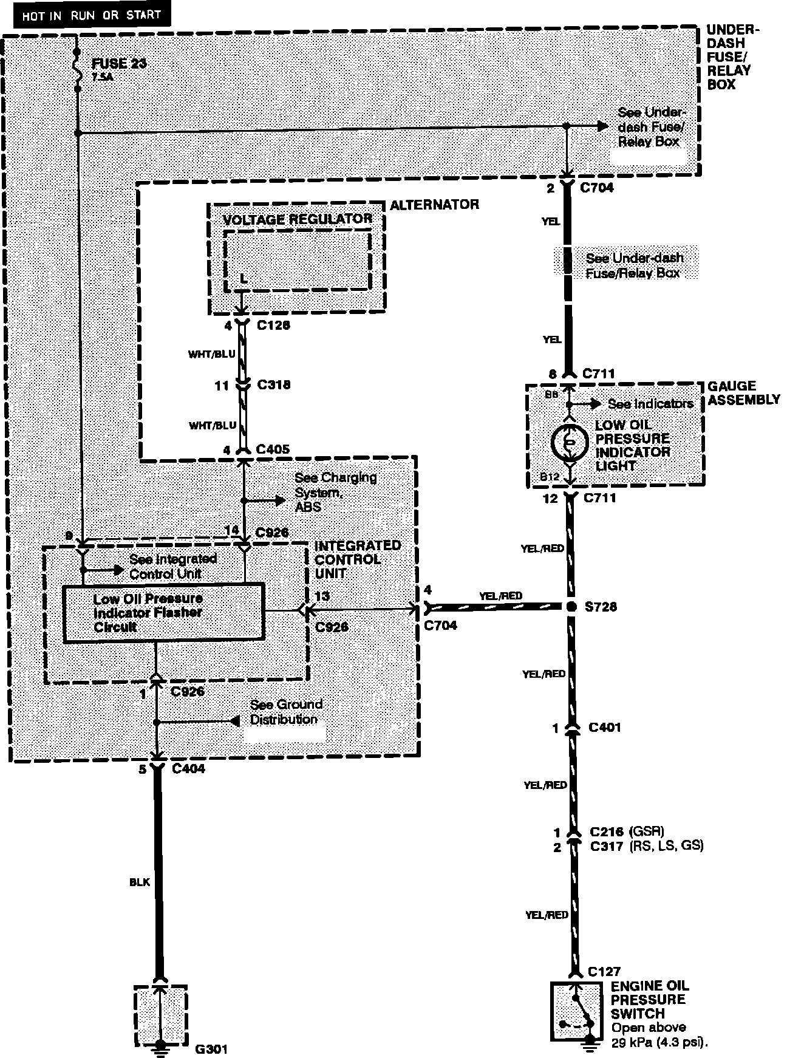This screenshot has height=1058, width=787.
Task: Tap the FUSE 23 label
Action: pos(119,64)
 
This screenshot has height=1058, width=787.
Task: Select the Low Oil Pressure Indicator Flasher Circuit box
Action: pos(164,612)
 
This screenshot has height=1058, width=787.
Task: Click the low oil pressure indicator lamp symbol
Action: pos(570,443)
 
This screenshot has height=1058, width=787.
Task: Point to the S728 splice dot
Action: pos(570,607)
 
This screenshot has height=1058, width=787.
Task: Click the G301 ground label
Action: pos(212,1049)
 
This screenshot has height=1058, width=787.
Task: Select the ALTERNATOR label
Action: pos(434,205)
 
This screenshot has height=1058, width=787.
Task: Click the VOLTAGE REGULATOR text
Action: pos(298,219)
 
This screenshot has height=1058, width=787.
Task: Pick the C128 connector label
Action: pos(273,326)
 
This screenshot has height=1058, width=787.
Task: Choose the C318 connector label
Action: pos(273,384)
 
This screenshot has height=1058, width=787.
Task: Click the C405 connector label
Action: pos(273,449)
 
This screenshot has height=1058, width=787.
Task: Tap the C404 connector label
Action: pos(188,769)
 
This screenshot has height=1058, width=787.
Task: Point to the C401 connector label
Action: pos(605,727)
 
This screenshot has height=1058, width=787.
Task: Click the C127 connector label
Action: pos(605,972)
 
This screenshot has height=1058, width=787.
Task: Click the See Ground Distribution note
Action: pos(286,712)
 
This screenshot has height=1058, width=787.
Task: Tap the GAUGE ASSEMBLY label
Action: pos(743,393)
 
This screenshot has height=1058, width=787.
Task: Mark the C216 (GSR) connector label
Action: pos(627,831)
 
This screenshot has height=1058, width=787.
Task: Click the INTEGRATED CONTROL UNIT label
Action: pos(357,559)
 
